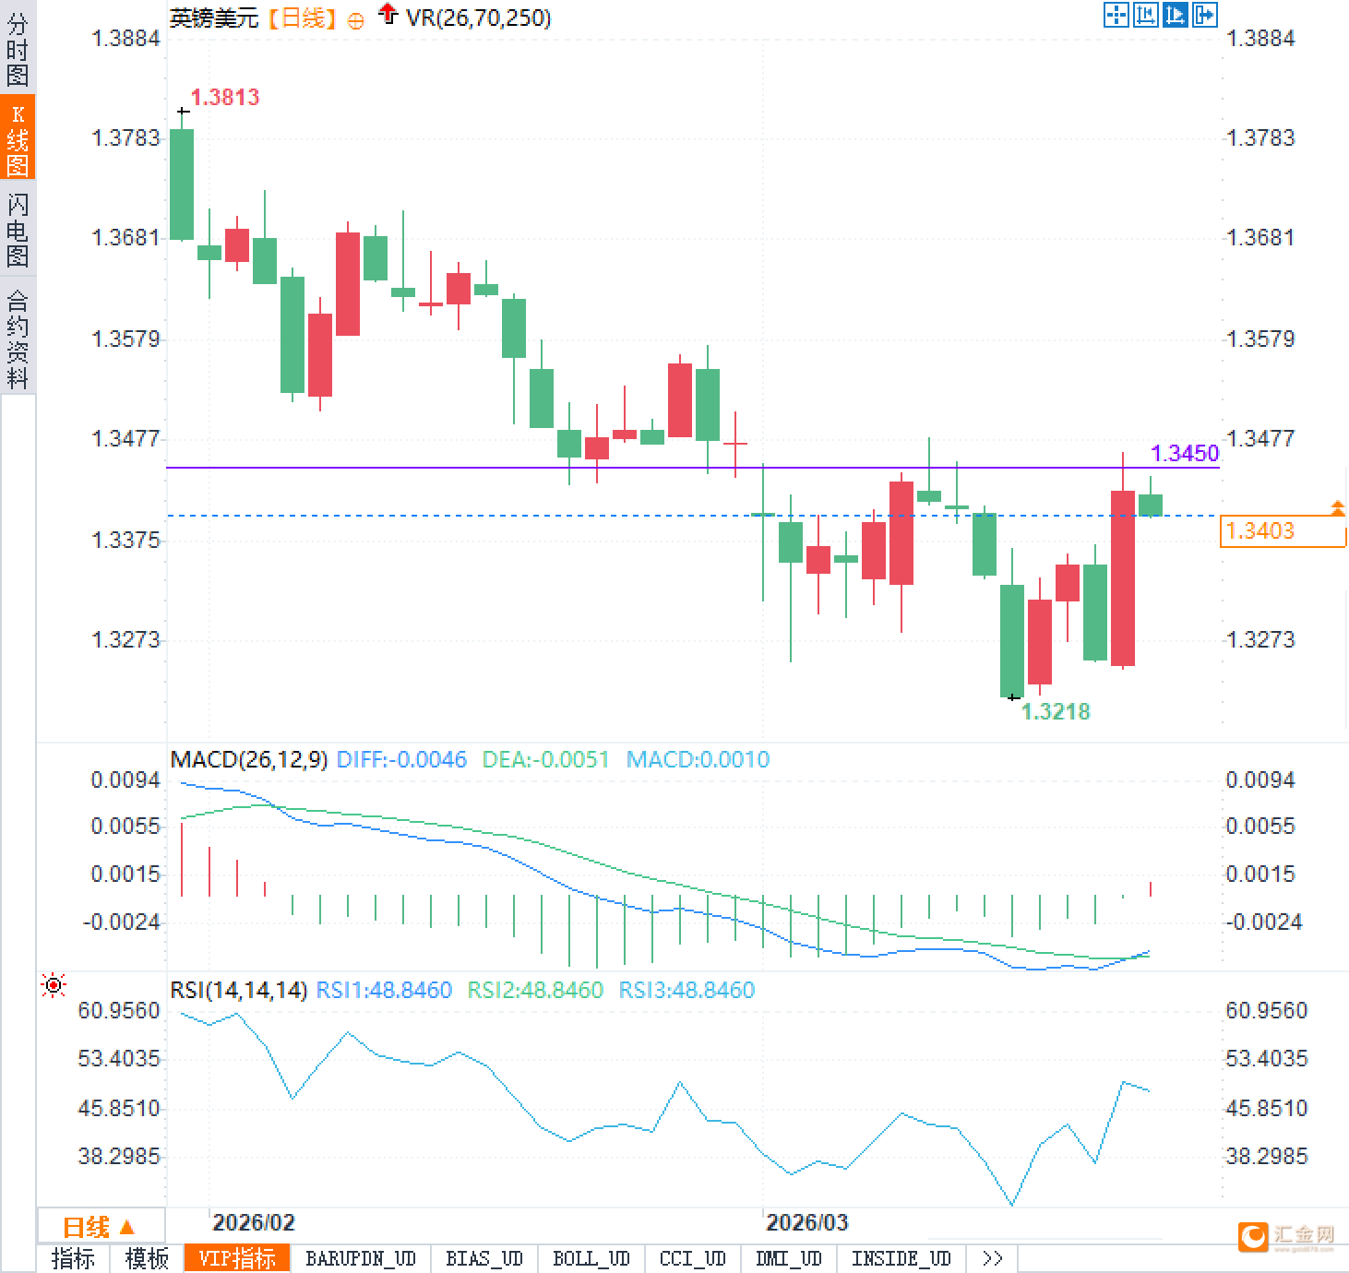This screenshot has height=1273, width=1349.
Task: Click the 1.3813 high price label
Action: point(224,97)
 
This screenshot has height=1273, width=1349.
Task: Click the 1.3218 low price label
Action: point(1056,711)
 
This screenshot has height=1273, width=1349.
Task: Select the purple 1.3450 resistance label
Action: point(1185,453)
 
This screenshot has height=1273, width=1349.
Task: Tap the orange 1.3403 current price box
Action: point(1282,531)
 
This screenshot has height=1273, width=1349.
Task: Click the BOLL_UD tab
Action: point(591,1258)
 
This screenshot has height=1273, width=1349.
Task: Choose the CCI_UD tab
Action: point(692,1258)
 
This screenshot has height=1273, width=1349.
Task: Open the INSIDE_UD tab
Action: point(901,1258)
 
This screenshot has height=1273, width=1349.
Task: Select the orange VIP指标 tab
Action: point(237,1258)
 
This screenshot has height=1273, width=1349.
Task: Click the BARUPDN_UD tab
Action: point(361,1258)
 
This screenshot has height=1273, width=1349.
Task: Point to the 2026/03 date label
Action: point(806,1222)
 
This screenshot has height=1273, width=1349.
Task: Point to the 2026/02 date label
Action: point(253,1222)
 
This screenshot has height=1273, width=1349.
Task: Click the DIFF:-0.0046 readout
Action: point(401,759)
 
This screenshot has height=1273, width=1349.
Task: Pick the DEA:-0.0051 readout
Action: point(545,759)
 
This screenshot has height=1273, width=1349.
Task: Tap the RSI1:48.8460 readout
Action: point(384,990)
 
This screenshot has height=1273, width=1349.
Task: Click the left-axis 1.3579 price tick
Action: point(125,339)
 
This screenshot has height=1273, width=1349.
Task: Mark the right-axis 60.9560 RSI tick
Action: point(1266,1010)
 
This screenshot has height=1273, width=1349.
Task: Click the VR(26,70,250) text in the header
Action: point(478,18)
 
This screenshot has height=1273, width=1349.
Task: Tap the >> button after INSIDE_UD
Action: point(992,1258)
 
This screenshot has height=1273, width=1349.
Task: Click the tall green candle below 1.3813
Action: point(182,184)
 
